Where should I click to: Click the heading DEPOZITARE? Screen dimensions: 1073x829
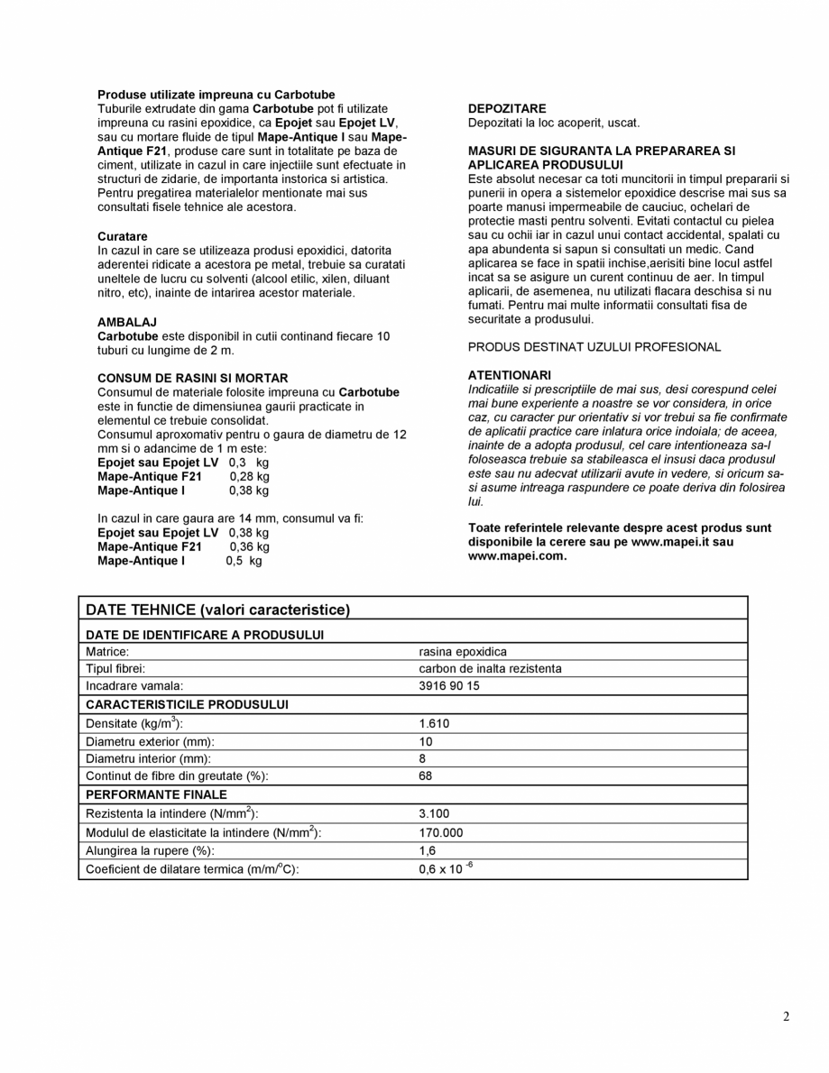(x=506, y=108)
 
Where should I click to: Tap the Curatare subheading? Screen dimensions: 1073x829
(x=123, y=236)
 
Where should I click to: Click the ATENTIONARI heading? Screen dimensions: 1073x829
(x=510, y=374)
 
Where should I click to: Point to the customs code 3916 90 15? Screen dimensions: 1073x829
(x=449, y=686)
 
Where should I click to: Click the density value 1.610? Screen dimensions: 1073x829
(x=434, y=723)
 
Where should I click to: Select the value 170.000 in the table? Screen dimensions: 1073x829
(x=441, y=832)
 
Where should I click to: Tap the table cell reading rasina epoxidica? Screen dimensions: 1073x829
(x=463, y=650)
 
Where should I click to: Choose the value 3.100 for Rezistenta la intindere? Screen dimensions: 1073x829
(x=434, y=814)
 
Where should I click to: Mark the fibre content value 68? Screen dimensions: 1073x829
(x=426, y=775)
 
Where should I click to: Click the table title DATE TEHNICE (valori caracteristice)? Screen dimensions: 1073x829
(x=217, y=610)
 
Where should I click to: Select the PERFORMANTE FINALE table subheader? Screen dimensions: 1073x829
(x=156, y=795)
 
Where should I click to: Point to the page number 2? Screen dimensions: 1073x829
(x=786, y=1017)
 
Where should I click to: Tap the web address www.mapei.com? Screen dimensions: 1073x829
(x=517, y=555)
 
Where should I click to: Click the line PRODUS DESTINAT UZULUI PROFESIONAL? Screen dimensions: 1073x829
(x=594, y=347)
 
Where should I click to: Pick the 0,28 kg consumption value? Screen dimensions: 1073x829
(x=249, y=476)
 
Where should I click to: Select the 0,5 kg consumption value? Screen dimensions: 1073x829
(x=244, y=560)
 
